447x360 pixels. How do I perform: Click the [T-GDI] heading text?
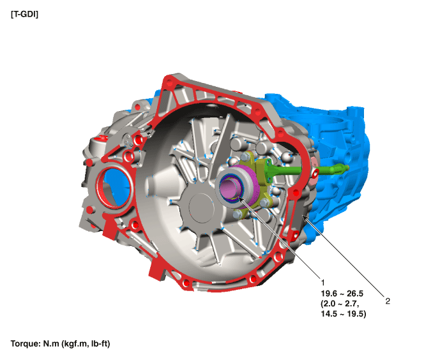pos(24,15)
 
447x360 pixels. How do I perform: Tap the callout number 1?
pos(322,283)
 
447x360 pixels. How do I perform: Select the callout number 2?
pos(388,301)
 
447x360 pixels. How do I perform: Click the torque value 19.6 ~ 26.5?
pos(342,294)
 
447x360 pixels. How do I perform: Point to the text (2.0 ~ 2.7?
pos(340,304)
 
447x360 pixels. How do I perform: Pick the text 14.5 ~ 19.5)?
pos(344,314)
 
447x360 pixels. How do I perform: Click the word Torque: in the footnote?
pos(26,344)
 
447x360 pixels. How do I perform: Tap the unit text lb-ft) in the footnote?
pos(100,344)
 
